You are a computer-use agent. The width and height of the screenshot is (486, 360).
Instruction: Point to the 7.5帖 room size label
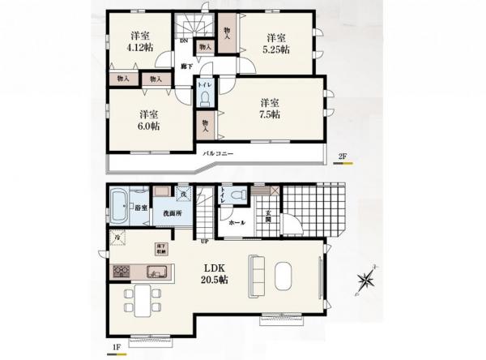[270, 114]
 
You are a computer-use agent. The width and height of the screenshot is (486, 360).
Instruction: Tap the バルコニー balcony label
[218, 152]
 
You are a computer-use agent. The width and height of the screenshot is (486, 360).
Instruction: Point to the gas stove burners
[122, 271]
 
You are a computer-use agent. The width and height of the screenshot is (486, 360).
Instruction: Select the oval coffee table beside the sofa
[284, 276]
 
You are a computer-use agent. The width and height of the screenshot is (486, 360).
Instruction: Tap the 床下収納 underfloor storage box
[161, 248]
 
